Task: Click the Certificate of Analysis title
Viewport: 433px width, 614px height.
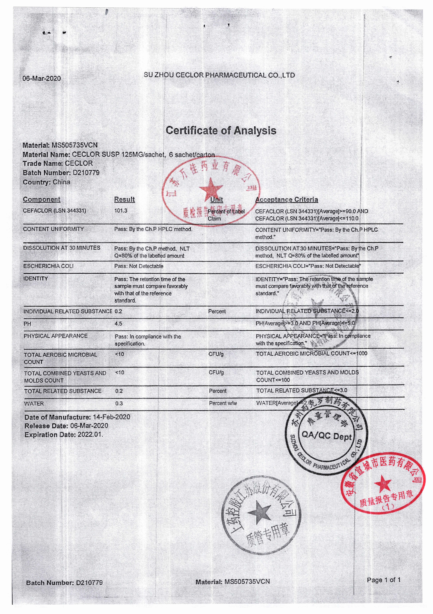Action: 221,130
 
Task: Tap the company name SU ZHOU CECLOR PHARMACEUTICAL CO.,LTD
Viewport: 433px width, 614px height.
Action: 219,75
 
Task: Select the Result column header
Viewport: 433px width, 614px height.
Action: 124,199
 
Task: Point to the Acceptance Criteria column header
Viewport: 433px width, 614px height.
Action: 286,200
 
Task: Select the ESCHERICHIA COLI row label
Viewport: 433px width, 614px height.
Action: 48,266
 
